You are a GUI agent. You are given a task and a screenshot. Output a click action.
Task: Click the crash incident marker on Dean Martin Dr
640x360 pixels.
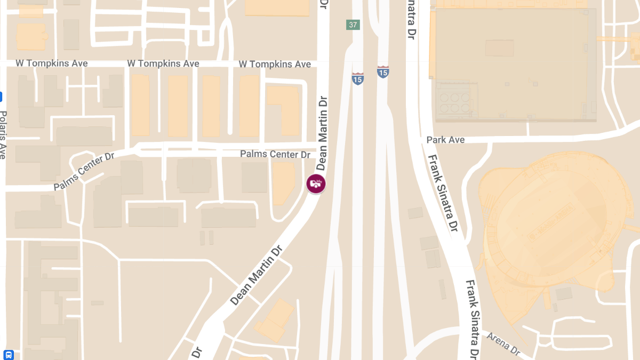(316, 183)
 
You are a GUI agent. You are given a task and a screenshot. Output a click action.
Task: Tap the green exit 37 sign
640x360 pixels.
(353, 25)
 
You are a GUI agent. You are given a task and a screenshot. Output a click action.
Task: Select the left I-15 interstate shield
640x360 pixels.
(358, 78)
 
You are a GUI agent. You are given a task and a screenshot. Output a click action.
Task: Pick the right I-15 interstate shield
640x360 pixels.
(382, 71)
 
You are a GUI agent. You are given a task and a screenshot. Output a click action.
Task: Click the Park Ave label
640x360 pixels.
(445, 140)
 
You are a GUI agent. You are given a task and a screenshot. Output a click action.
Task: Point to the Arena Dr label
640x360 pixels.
(503, 344)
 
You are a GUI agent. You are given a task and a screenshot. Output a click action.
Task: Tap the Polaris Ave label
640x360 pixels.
(3, 134)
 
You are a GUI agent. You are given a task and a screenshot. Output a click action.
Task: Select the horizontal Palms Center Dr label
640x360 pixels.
(275, 154)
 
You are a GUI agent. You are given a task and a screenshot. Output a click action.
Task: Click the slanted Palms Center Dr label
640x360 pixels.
(84, 172)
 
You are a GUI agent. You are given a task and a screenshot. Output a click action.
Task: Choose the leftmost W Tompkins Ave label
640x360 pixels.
(51, 63)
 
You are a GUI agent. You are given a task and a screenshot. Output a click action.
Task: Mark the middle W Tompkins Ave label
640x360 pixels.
(163, 63)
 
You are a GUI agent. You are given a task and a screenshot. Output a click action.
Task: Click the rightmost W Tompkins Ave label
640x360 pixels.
(274, 64)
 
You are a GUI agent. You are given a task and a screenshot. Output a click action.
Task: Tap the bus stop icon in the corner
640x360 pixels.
(9, 355)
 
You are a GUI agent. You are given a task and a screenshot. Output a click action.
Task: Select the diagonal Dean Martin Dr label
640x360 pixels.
(257, 275)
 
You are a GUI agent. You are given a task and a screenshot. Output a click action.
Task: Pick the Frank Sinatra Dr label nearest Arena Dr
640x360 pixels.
(472, 320)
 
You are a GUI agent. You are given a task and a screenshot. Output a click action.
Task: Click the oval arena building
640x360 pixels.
(549, 219)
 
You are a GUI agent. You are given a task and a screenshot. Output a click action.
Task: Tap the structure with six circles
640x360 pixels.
(454, 101)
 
